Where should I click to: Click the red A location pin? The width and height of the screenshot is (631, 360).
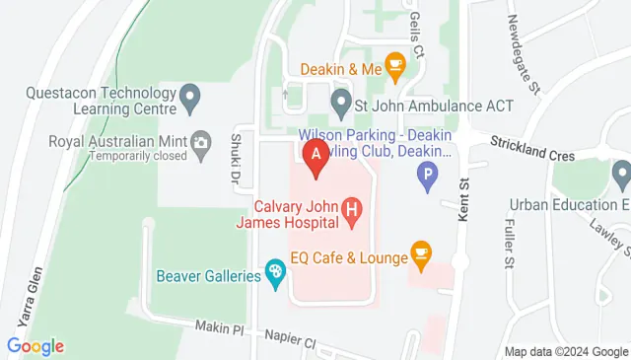tap(315, 157)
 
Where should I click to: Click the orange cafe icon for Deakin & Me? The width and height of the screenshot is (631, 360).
tap(395, 67)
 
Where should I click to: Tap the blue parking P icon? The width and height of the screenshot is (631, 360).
tap(428, 178)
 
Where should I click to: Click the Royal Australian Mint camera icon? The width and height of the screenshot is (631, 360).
tap(202, 144)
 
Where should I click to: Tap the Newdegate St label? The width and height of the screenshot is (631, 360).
tap(523, 54)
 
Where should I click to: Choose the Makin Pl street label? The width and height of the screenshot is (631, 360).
tap(218, 327)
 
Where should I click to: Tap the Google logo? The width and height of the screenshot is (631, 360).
tap(35, 346)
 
